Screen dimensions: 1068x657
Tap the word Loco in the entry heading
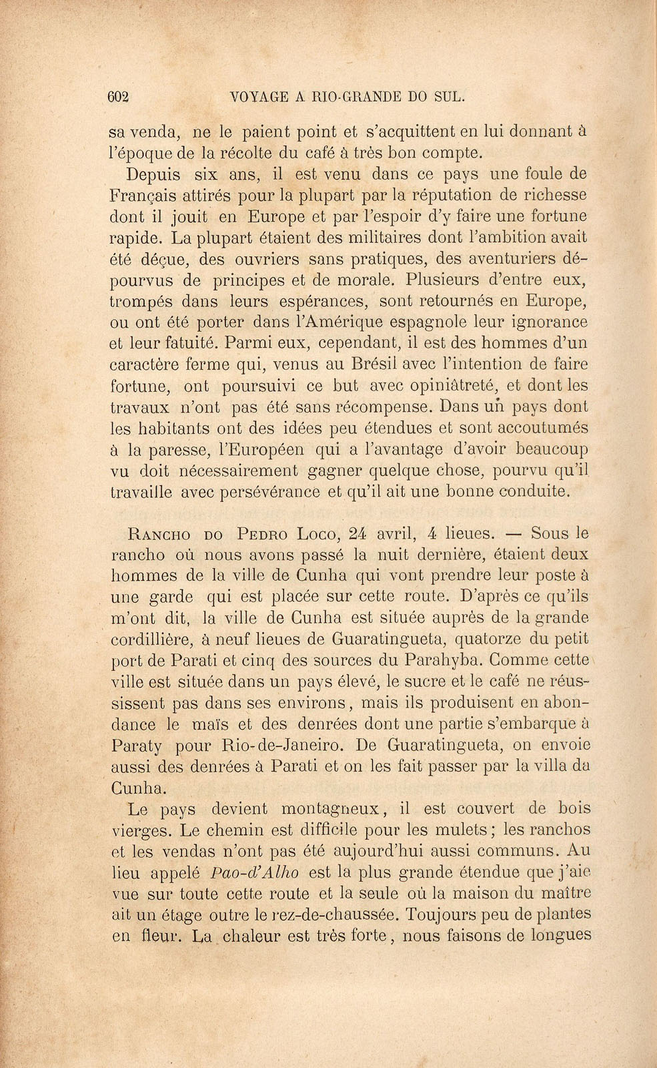317,534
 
